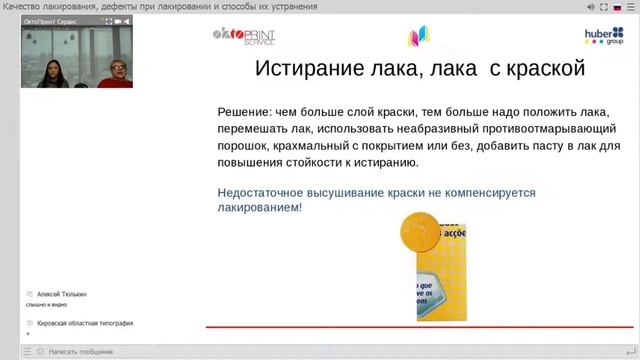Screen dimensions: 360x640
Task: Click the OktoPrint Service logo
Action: coord(244,37)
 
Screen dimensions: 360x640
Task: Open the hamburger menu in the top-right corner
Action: coord(632,6)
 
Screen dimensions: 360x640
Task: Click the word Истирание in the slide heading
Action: coord(307,70)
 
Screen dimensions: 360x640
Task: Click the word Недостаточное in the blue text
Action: coord(271,191)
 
